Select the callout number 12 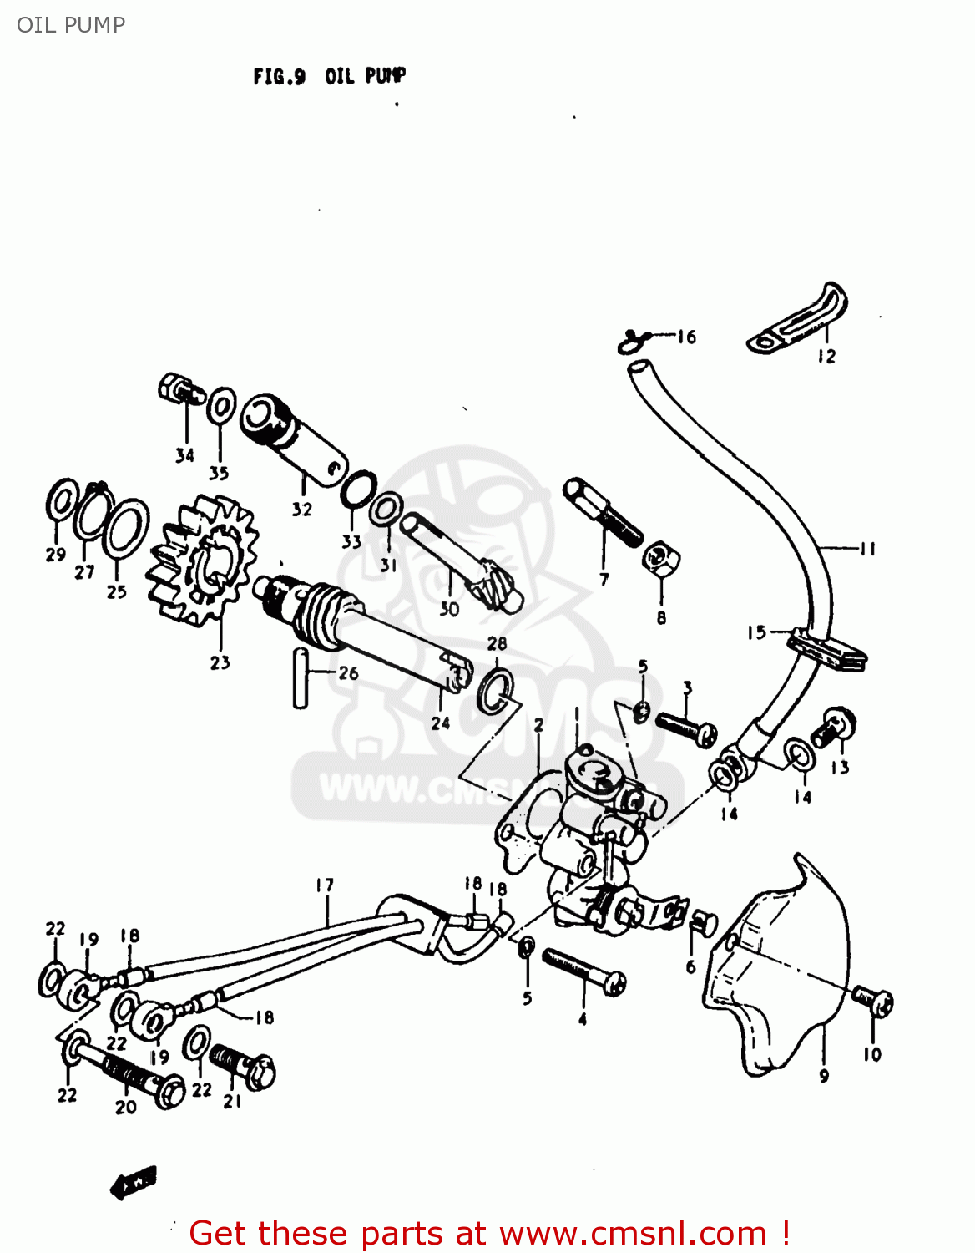[826, 357]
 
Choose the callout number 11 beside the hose [867, 549]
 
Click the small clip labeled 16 [632, 340]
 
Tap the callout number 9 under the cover [824, 1076]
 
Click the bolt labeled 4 [584, 973]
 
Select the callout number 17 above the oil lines [325, 885]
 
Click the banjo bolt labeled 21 [243, 1065]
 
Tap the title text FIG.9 [279, 77]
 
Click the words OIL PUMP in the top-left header [71, 25]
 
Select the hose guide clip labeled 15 [826, 649]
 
